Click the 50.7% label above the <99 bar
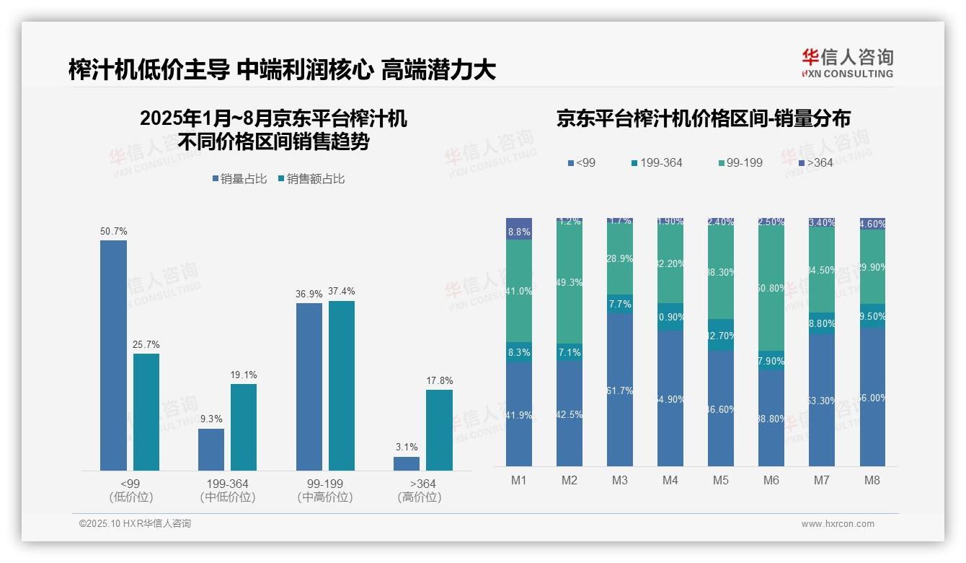click(x=113, y=232)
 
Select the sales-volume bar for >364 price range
click(x=407, y=463)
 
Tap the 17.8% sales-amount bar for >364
click(x=439, y=430)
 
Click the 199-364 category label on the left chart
click(x=227, y=484)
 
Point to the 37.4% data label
click(x=341, y=292)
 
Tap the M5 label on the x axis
click(x=721, y=480)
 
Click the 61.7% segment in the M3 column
click(x=620, y=390)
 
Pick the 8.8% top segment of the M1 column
click(x=519, y=229)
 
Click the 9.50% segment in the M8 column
click(x=872, y=315)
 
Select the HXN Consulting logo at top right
click(x=847, y=63)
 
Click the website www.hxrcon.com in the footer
click(x=838, y=524)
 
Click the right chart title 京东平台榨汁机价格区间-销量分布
click(x=703, y=119)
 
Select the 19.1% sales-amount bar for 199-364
click(x=244, y=427)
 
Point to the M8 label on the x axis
click(x=872, y=480)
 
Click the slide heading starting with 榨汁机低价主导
click(x=282, y=70)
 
